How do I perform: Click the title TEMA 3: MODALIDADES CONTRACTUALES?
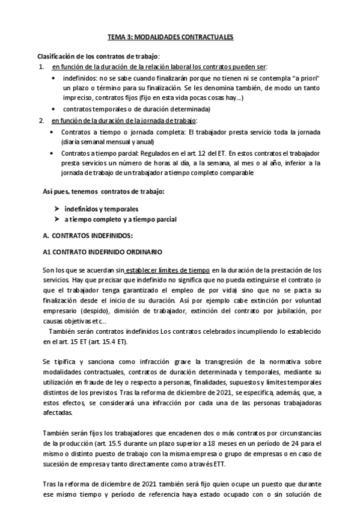click(170, 37)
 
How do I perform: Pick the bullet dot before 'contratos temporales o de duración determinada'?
click(55, 109)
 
